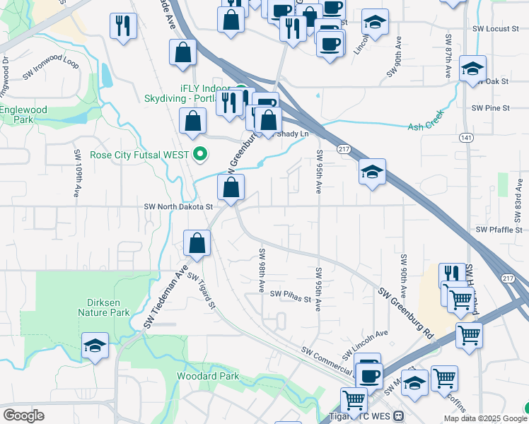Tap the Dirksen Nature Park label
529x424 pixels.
103,307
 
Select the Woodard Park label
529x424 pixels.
208,377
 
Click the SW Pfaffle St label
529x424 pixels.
499,230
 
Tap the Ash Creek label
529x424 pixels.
426,126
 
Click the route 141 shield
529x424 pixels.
465,136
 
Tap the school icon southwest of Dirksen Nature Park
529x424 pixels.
95,346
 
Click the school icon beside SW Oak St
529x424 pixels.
472,69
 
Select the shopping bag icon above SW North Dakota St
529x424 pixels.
231,188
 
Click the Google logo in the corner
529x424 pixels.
23,415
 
